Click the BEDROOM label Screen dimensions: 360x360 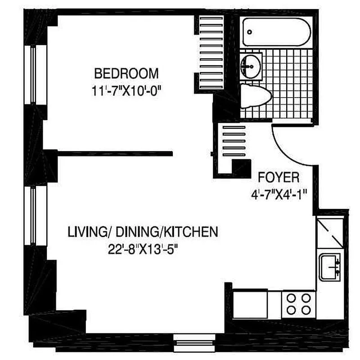point(126,73)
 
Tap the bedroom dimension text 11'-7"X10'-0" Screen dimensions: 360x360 point(126,91)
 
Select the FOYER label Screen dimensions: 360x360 point(279,177)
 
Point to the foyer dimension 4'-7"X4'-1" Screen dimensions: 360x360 point(279,195)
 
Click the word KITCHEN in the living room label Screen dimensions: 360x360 point(192,232)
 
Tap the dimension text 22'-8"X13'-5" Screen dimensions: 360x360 point(143,249)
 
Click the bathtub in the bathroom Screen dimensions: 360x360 point(277,32)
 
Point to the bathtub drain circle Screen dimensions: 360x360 point(250,32)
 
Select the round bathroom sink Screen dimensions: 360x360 point(251,66)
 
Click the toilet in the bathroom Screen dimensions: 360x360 point(255,96)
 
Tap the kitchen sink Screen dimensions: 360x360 point(330,267)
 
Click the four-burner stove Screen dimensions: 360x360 point(299,305)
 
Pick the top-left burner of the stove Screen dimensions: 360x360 point(291,298)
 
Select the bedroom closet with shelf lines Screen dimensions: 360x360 point(211,52)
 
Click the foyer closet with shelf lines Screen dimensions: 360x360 point(234,141)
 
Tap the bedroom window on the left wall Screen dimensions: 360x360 point(33,75)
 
